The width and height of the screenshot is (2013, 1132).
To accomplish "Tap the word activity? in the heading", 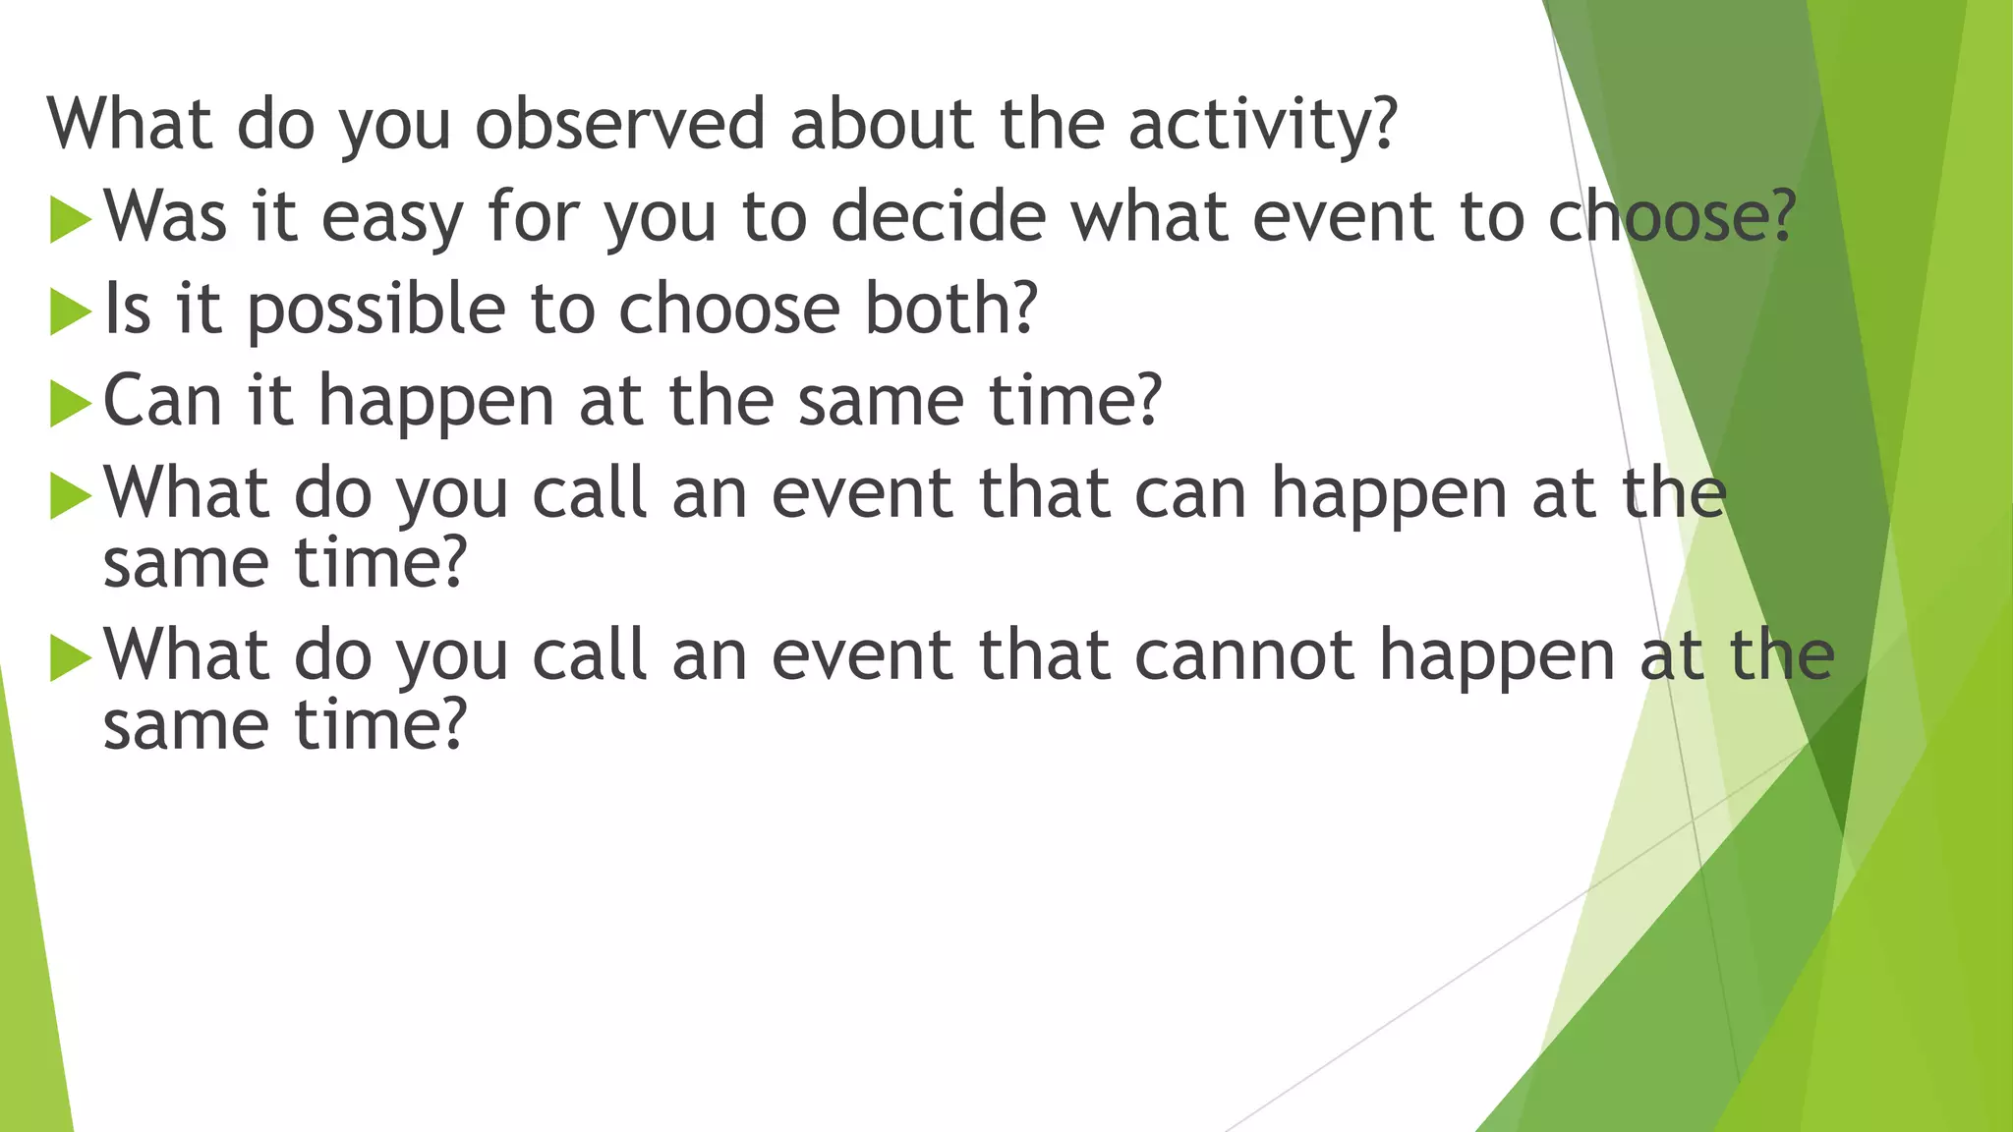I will [x=1262, y=126].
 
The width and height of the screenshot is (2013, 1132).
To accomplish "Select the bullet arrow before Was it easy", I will [x=69, y=218].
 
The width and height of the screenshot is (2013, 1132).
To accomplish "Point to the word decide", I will [x=939, y=216].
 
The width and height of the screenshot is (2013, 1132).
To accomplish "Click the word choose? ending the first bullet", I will [x=1672, y=216].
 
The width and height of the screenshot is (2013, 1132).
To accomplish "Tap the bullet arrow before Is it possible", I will [x=69, y=311].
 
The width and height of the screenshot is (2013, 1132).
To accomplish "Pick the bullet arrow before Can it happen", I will [x=69, y=403].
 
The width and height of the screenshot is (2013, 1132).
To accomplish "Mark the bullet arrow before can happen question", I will [x=69, y=495].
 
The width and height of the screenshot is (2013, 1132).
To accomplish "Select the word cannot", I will [x=1243, y=656].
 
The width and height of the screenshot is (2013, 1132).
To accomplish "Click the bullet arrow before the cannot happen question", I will [x=69, y=657].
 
